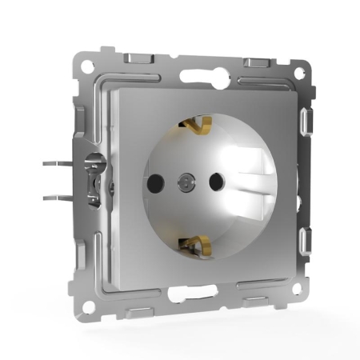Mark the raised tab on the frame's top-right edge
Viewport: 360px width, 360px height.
(x=257, y=61)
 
